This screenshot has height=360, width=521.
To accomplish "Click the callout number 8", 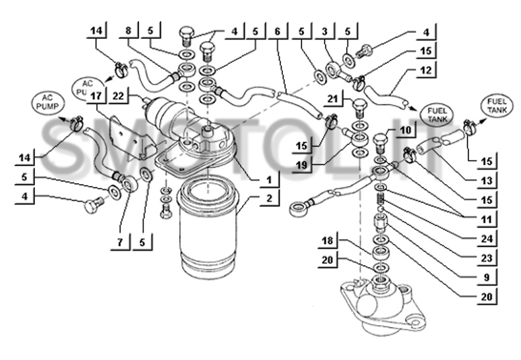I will (x=129, y=32).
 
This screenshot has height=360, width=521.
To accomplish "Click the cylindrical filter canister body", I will (x=208, y=231).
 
